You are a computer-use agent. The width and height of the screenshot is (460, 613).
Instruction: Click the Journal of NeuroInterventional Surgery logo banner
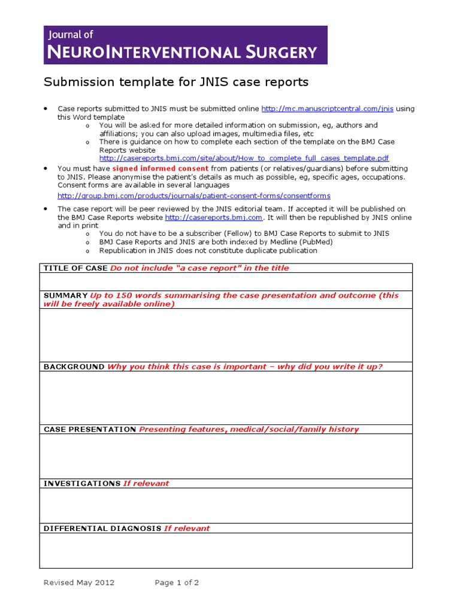point(186,45)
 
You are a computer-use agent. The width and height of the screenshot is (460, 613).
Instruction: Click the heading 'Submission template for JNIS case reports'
point(177,82)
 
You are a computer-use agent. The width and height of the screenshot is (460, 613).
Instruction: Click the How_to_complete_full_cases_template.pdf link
point(244,158)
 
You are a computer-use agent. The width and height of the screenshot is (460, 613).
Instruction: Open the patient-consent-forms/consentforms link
point(193,196)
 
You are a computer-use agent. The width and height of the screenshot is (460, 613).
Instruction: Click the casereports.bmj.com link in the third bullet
point(213,217)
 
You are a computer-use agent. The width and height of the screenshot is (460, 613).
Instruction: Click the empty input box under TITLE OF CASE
point(226,281)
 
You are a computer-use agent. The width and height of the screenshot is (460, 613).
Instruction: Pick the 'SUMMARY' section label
point(65,296)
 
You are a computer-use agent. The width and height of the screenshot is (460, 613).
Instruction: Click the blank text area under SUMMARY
point(226,335)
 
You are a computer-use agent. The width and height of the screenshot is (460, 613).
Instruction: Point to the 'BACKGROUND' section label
point(74,367)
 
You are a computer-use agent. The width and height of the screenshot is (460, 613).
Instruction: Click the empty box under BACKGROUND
point(226,397)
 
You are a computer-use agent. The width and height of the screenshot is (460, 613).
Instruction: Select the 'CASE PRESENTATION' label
point(90,429)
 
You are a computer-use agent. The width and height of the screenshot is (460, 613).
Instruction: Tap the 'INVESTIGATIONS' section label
point(82,483)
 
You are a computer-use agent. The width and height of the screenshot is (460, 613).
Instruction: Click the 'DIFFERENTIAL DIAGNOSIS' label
point(102,529)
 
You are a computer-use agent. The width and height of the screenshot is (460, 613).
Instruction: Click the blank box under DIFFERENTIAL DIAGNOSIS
point(226,550)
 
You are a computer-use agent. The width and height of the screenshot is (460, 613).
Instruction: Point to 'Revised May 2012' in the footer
point(79,582)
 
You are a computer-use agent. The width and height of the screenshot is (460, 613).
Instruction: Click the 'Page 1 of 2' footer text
point(177,582)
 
